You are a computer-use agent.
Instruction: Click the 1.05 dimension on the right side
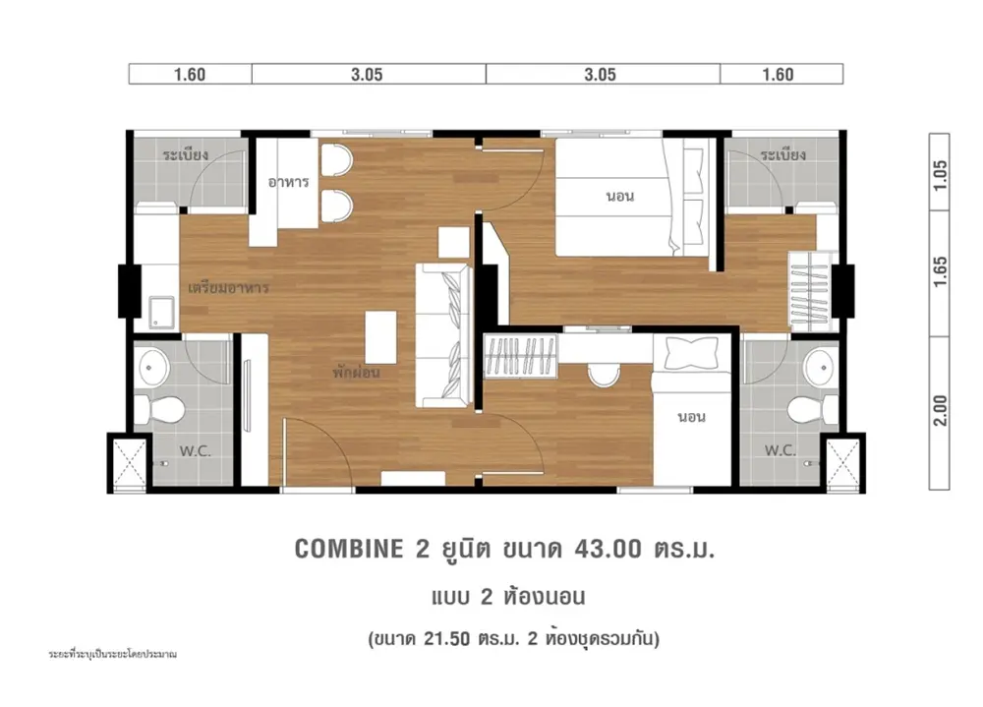[940, 176]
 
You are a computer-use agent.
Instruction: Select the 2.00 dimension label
[940, 411]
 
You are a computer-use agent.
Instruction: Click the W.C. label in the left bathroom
[195, 450]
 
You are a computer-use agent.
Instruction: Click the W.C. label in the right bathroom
[780, 449]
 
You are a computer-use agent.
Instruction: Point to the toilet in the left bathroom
[159, 410]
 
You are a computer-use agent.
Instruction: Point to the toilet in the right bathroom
[813, 410]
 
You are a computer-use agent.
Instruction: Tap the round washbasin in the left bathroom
[152, 366]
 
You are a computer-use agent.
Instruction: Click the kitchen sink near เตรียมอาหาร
[162, 312]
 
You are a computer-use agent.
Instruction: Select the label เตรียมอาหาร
[228, 288]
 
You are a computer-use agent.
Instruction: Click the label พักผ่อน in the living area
[356, 372]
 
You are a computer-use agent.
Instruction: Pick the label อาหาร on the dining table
[288, 182]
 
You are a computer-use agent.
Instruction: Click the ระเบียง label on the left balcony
[186, 154]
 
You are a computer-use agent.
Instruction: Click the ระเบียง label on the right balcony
[783, 154]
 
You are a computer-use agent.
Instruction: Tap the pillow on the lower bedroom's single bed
[691, 353]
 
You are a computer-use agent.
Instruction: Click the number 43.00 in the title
[608, 549]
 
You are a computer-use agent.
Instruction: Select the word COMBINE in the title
[349, 549]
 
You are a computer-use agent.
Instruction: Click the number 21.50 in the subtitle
[446, 639]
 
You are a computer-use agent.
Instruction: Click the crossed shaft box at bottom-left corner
[130, 463]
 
